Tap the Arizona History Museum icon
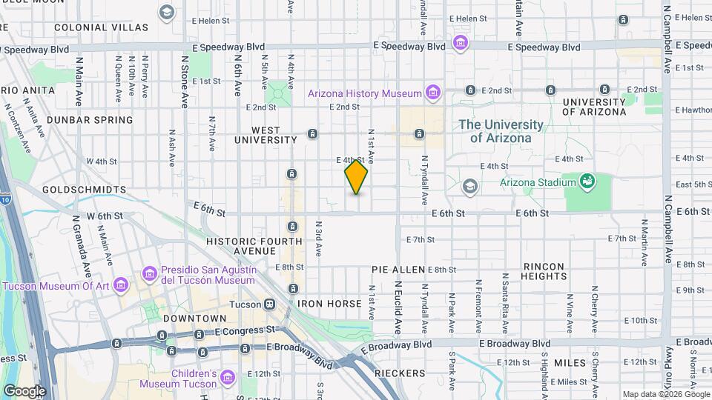pos(433,93)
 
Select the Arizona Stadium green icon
pos(587,181)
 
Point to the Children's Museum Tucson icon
pos(228,379)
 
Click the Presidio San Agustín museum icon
pos(149,275)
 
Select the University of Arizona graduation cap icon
pos(469,186)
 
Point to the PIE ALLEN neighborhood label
pos(398,270)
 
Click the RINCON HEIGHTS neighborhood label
pos(544,271)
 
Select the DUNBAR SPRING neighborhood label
pos(90,119)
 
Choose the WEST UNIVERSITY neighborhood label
pos(266,134)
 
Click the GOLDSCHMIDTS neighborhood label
pos(84,190)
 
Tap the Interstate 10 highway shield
pos(4,200)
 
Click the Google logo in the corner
pos(24,390)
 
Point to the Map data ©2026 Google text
pos(665,394)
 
